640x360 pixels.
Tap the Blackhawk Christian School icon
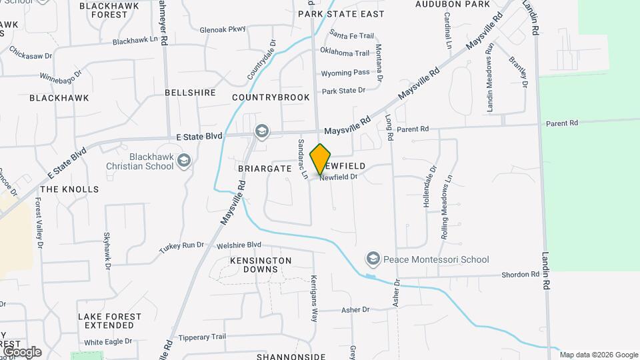pyautogui.click(x=184, y=160)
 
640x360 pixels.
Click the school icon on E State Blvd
pyautogui.click(x=262, y=131)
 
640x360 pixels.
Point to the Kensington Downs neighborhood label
pyautogui.click(x=261, y=264)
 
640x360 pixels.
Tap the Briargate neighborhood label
pyautogui.click(x=265, y=169)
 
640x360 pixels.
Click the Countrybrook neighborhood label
pyautogui.click(x=271, y=97)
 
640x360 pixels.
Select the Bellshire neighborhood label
pyautogui.click(x=190, y=93)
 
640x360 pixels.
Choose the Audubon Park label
pyautogui.click(x=453, y=4)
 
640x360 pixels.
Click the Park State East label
pyautogui.click(x=341, y=13)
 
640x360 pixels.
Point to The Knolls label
pyautogui.click(x=69, y=189)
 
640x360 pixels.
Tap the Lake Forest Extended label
pyautogui.click(x=109, y=321)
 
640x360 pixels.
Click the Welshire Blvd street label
pyautogui.click(x=239, y=245)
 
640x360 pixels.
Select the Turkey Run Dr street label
pyautogui.click(x=181, y=247)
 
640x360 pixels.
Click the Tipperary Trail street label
pyautogui.click(x=203, y=337)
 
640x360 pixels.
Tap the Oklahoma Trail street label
pyautogui.click(x=344, y=53)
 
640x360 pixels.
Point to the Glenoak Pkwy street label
pyautogui.click(x=223, y=29)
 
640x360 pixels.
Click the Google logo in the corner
pyautogui.click(x=21, y=352)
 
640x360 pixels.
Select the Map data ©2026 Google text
pyautogui.click(x=599, y=355)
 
